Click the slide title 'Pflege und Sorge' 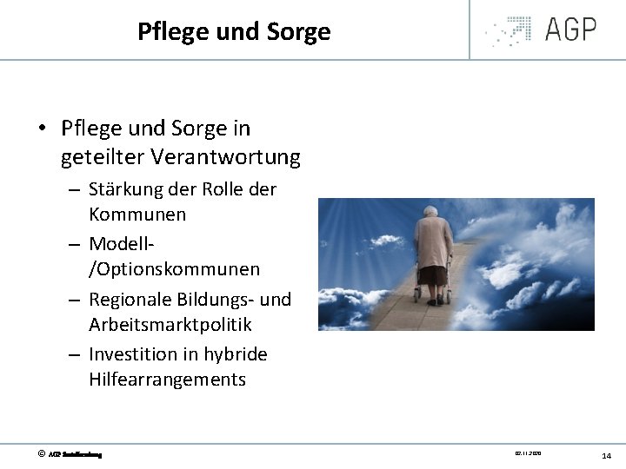tap(234, 32)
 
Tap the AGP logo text tap(570, 30)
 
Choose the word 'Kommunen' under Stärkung tap(137, 214)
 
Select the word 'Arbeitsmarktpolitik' tap(170, 324)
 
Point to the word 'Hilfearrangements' tap(167, 379)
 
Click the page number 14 tap(606, 455)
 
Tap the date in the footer tap(528, 452)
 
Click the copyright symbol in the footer tap(40, 453)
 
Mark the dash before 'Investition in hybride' tap(76, 355)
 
